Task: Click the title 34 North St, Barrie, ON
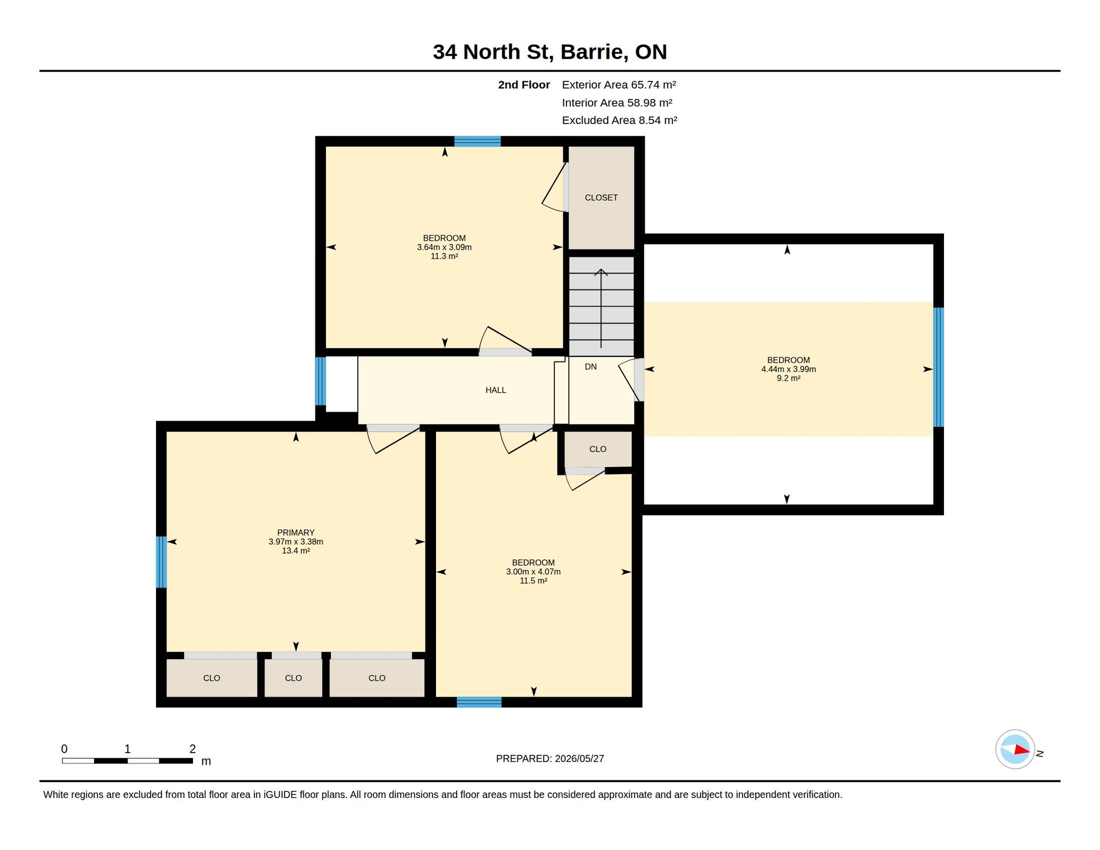(x=549, y=52)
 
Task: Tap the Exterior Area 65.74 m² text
(x=619, y=85)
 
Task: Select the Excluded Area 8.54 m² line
(x=619, y=120)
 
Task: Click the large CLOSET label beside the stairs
(x=601, y=198)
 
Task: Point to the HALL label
(x=496, y=390)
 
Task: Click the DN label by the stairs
(x=590, y=366)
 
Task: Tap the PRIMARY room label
(x=295, y=532)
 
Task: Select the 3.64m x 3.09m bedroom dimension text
(x=444, y=247)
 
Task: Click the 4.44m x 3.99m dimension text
(x=788, y=369)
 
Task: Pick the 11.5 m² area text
(x=533, y=581)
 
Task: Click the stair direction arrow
(x=601, y=308)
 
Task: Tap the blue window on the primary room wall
(x=162, y=562)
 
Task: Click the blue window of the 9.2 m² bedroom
(x=938, y=367)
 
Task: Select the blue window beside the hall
(x=320, y=381)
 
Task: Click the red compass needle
(x=1022, y=750)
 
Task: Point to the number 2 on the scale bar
(x=193, y=749)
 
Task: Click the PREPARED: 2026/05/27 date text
(x=549, y=759)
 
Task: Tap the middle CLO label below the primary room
(x=293, y=678)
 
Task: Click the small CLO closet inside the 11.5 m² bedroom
(x=598, y=449)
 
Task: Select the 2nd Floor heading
(x=523, y=85)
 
